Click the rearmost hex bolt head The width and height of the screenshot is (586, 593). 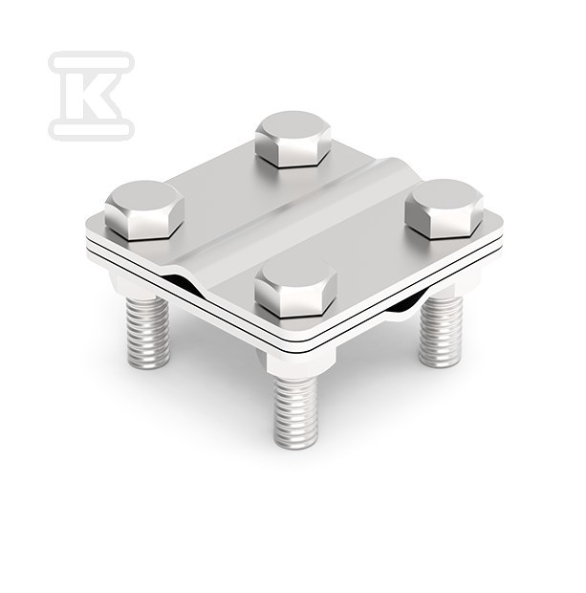293,139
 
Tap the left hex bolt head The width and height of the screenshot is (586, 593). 144,210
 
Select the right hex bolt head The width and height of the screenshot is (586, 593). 445,209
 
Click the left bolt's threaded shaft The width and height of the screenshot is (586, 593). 148,332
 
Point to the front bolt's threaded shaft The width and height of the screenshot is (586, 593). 295,412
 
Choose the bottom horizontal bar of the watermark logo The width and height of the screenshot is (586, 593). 92,129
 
